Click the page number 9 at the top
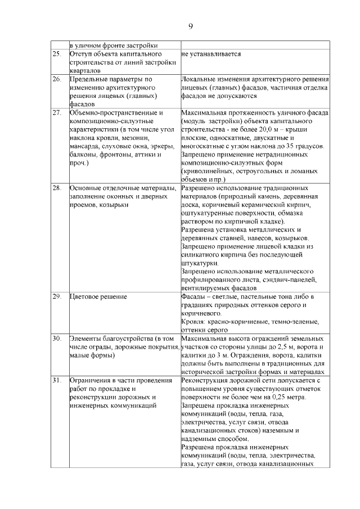pyautogui.click(x=191, y=26)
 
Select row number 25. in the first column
pyautogui.click(x=57, y=54)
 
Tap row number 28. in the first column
pyautogui.click(x=57, y=187)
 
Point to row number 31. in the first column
pyautogui.click(x=57, y=381)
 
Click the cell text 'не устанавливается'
pyautogui.click(x=211, y=54)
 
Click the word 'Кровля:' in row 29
pyautogui.click(x=193, y=322)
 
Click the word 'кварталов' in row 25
pyautogui.click(x=84, y=71)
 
